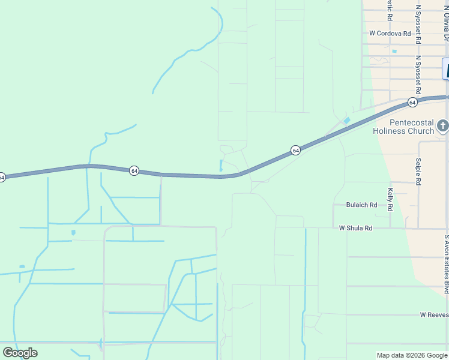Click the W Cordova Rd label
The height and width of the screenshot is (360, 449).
(390, 34)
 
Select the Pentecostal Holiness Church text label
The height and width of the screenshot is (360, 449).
(412, 127)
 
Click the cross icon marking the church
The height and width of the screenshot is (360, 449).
(442, 125)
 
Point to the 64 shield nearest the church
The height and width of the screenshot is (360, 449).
(412, 103)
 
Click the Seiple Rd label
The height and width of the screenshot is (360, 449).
(418, 172)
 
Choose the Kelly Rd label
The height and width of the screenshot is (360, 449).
(390, 199)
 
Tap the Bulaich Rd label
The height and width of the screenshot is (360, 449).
(361, 205)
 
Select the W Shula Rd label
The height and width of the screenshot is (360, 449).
(355, 228)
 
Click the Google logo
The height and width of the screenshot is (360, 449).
(20, 353)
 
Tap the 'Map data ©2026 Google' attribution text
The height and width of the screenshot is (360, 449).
(411, 355)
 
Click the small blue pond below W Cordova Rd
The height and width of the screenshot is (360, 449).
(394, 52)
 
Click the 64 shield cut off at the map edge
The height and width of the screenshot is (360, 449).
(2, 177)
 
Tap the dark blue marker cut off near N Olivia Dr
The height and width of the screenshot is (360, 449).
(445, 69)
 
